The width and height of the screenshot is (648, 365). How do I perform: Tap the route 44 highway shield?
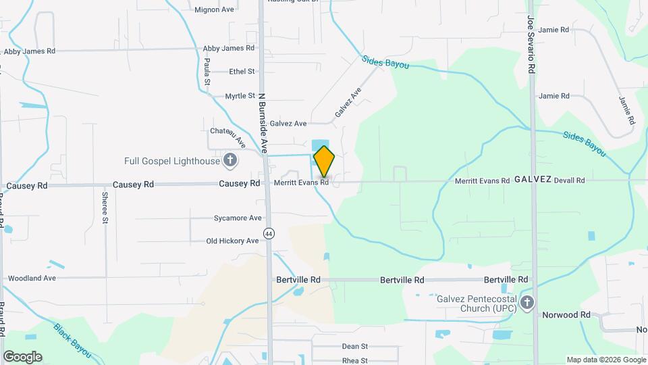pos(269,233)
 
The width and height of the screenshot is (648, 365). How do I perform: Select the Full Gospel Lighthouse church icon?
pos(230,161)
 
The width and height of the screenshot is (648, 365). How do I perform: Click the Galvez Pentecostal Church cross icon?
pos(528,303)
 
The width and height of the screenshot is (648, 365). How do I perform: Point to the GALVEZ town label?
pos(533,180)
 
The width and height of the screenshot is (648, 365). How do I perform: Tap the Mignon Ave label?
pos(214,9)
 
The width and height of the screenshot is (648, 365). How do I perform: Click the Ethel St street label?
pos(242,71)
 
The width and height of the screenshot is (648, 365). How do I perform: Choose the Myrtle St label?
pos(240,96)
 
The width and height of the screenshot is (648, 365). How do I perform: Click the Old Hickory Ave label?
pos(232,241)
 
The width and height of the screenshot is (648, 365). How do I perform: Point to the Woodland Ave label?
pos(31,278)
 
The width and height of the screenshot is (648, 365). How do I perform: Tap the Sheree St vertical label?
pos(105,208)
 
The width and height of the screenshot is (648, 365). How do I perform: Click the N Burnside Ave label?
pos(263,122)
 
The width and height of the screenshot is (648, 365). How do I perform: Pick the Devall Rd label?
pos(568,180)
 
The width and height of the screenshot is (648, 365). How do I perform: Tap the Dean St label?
pos(354,346)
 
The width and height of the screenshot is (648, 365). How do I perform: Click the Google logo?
pos(22,356)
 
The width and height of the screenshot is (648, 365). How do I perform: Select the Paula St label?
pos(207,72)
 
